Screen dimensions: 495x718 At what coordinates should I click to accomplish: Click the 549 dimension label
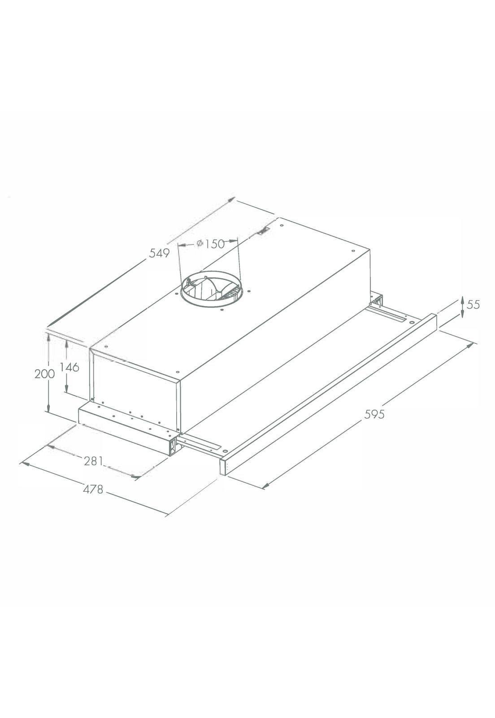(x=159, y=253)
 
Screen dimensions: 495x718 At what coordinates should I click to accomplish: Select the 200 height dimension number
(x=44, y=374)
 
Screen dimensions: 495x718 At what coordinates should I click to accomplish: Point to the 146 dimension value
(x=69, y=367)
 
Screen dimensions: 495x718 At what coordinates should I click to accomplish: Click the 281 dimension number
(x=94, y=461)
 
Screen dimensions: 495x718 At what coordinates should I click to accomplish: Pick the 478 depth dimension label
(x=93, y=489)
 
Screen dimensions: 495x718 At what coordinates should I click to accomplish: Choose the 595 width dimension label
(x=374, y=415)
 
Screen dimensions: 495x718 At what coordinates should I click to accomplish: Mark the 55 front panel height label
(x=473, y=305)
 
